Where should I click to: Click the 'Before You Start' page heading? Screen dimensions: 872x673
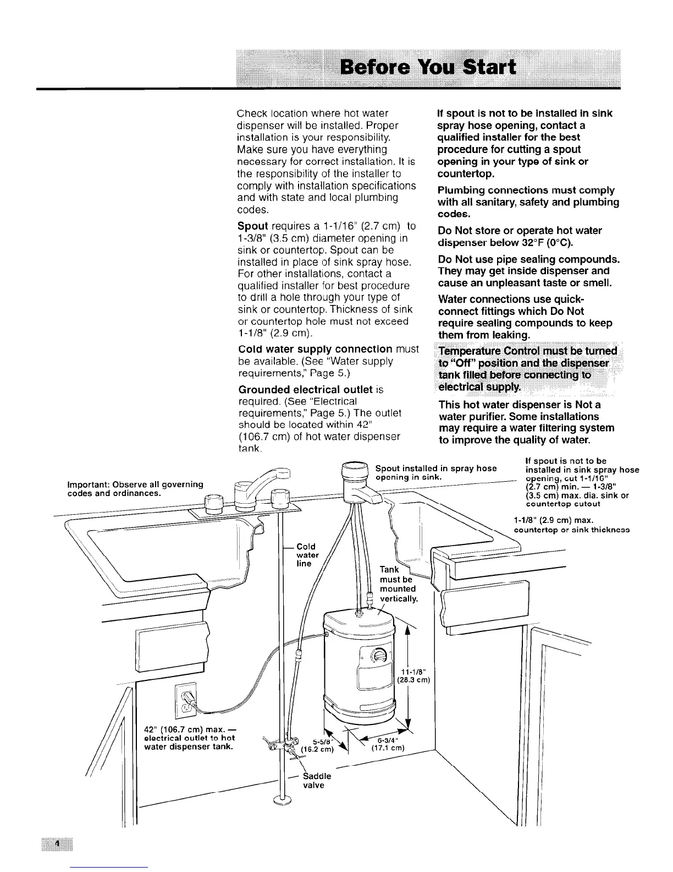coord(428,68)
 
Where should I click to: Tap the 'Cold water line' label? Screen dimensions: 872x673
coord(306,555)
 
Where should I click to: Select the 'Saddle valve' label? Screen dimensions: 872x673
coord(317,781)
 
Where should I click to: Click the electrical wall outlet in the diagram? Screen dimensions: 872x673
coord(185,702)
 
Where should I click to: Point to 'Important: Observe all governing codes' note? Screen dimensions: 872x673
coord(135,488)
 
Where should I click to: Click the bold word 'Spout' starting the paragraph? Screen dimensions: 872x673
coord(252,226)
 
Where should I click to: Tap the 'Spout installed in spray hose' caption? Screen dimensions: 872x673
coord(435,472)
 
